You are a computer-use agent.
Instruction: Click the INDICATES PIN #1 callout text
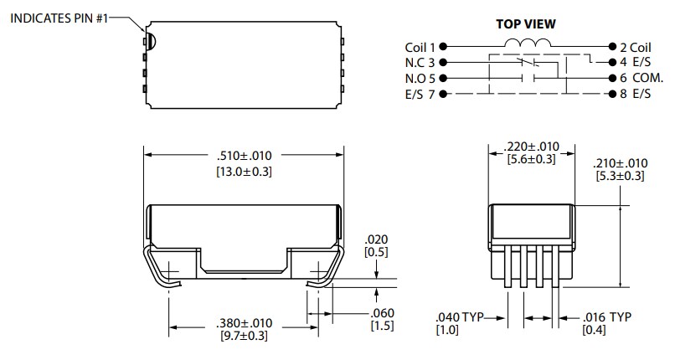tap(58, 18)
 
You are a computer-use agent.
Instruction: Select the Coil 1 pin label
tap(420, 48)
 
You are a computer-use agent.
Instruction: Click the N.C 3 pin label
tap(420, 63)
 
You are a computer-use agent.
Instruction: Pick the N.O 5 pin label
tap(420, 78)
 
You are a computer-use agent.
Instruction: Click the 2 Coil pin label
tap(636, 48)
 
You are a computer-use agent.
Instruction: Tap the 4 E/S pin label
tap(636, 63)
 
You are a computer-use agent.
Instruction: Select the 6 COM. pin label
tap(640, 78)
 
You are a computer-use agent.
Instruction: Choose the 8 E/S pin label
tap(636, 93)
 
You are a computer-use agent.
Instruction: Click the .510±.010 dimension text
tap(244, 156)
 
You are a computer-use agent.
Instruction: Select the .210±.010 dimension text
tap(620, 163)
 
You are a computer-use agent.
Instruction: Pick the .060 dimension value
tap(382, 313)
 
